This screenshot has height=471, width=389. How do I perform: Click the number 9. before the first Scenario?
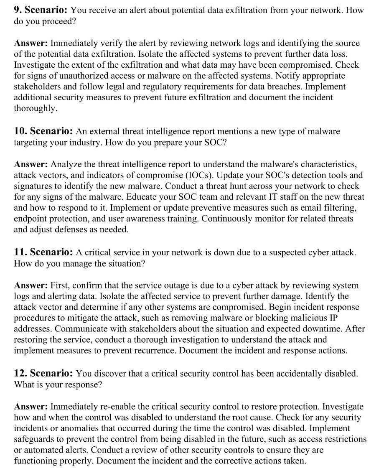point(18,10)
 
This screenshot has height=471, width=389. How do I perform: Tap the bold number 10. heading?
point(20,131)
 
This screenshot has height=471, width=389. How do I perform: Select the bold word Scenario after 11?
point(51,252)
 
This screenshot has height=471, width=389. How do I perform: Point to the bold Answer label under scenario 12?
point(31,406)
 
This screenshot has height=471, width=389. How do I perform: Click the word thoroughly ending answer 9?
point(35,108)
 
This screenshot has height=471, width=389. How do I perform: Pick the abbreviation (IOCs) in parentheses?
point(201,175)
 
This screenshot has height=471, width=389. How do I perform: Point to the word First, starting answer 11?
point(61,285)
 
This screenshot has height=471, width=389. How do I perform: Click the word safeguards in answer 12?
point(34,439)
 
